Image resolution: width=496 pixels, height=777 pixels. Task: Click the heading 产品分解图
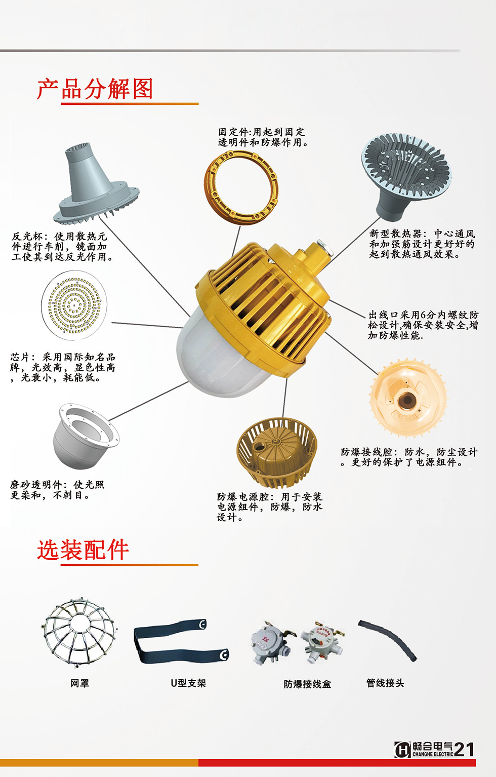(x=95, y=89)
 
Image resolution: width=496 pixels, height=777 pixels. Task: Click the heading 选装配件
(x=83, y=550)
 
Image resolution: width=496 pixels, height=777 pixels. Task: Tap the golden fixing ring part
(x=241, y=187)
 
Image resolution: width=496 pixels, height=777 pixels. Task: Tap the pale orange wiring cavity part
(x=408, y=399)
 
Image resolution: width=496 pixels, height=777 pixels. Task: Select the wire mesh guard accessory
(x=80, y=632)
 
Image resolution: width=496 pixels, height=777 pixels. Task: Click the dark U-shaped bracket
(x=181, y=641)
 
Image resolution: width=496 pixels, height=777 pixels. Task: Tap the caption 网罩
(x=80, y=683)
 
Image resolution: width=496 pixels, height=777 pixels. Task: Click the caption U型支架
(x=188, y=683)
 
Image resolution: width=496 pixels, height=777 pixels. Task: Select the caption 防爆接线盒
(x=307, y=684)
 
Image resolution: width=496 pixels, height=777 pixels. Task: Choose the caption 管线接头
(x=385, y=683)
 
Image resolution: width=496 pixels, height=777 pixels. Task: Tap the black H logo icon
(x=402, y=750)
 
